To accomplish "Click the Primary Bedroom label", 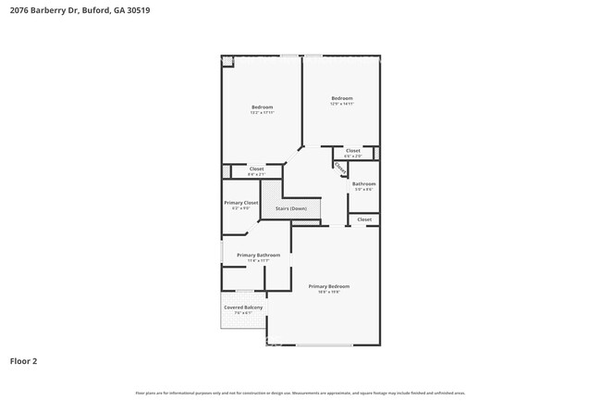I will [328, 286].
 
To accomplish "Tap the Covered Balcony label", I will [242, 307].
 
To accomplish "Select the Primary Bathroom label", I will [258, 255].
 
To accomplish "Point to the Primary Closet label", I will [240, 202].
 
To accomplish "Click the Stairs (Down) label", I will [290, 208].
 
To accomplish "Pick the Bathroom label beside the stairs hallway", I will [363, 183].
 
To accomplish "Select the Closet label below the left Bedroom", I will [256, 169].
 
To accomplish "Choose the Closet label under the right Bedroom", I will [353, 150].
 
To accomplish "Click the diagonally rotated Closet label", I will [339, 168].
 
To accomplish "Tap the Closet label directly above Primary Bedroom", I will [364, 219].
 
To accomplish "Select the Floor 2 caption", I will [23, 361].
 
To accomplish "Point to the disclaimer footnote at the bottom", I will [300, 393].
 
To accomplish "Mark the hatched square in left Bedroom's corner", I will [227, 61].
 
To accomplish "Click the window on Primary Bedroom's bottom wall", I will [324, 345].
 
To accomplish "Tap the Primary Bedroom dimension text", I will [328, 293].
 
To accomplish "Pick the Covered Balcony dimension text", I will [242, 313].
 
